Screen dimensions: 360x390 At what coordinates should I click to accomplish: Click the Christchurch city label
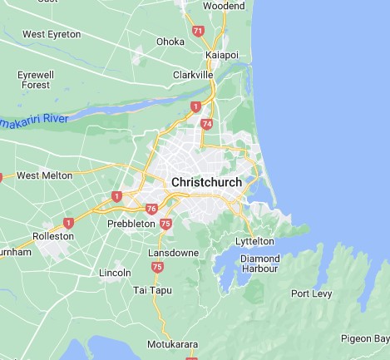point(206,182)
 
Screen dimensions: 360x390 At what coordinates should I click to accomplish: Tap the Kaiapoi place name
point(222,56)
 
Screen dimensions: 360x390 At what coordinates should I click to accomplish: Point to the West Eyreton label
point(52,34)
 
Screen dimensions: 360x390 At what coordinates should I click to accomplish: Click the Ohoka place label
point(170,41)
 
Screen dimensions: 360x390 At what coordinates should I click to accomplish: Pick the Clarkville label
point(194,74)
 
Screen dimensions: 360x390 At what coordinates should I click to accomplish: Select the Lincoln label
point(115,273)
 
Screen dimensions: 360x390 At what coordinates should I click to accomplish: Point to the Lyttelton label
point(254,241)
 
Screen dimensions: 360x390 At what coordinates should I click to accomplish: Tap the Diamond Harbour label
point(259,264)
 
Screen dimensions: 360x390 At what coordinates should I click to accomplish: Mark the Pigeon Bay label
point(365,338)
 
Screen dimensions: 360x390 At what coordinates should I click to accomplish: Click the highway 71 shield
point(198,31)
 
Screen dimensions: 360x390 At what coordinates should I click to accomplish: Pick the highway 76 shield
point(151,209)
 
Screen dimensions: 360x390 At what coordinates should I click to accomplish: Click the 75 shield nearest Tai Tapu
point(158,267)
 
